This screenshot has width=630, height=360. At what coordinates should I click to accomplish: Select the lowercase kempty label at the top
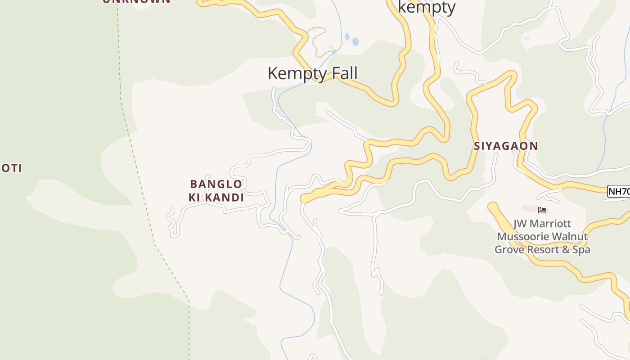(x=427, y=7)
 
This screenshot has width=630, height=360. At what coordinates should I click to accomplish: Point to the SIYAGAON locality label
(x=506, y=146)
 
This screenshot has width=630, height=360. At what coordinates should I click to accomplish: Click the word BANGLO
(x=216, y=184)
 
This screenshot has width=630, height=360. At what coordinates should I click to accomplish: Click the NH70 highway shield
(x=619, y=191)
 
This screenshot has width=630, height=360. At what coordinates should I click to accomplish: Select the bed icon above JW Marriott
(x=542, y=210)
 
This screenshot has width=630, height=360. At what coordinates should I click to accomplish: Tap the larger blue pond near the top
(x=355, y=42)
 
